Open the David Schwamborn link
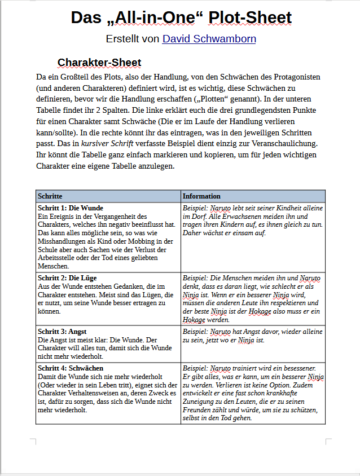click(x=209, y=39)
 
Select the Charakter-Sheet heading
click(x=99, y=62)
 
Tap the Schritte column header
click(x=50, y=196)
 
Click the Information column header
click(x=201, y=196)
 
